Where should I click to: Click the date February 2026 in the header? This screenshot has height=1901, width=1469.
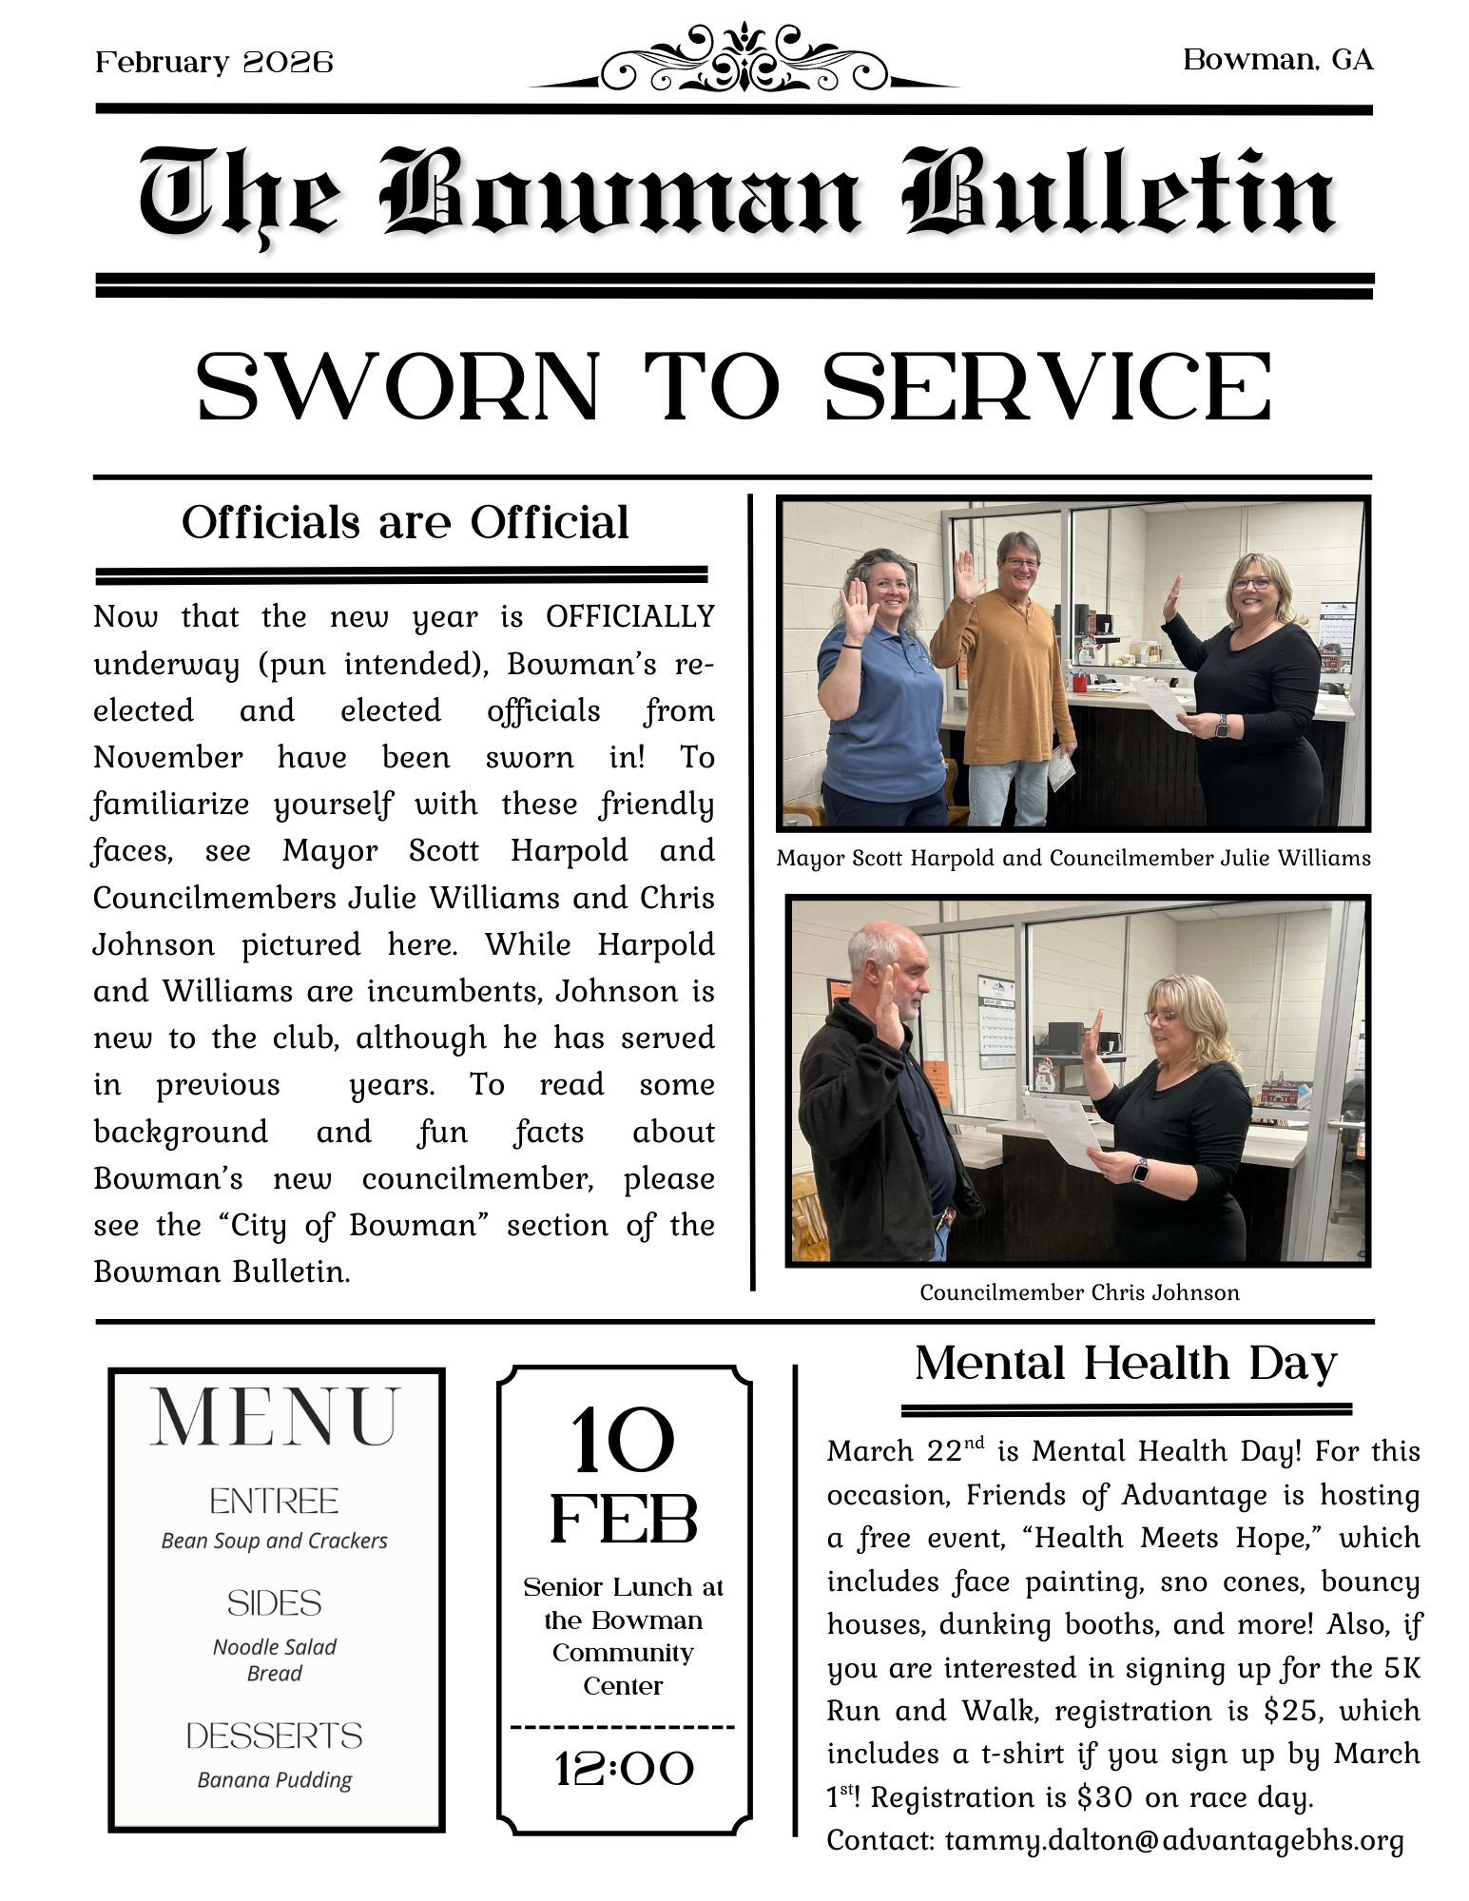214,63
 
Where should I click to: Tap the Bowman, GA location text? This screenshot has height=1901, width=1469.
1278,61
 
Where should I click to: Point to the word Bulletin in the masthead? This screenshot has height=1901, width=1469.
1119,196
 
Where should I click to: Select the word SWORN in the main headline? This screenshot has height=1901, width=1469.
397,387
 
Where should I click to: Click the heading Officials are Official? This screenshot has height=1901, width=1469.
405,522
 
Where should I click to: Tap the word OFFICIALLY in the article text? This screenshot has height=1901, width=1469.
629,616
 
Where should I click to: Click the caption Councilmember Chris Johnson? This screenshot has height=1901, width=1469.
1079,1292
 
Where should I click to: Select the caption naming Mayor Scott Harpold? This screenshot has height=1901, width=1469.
1073,858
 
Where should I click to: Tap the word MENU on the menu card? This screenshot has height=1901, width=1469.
275,1419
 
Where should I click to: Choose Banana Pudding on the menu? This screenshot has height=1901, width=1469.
275,1779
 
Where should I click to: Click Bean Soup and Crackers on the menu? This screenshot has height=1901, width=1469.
275,1541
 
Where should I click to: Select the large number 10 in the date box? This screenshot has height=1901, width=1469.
623,1443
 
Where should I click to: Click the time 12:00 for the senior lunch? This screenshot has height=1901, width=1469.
624,1769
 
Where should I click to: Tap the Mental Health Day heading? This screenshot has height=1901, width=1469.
1126,1363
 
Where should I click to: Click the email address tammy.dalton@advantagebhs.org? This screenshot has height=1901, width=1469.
1174,1840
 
